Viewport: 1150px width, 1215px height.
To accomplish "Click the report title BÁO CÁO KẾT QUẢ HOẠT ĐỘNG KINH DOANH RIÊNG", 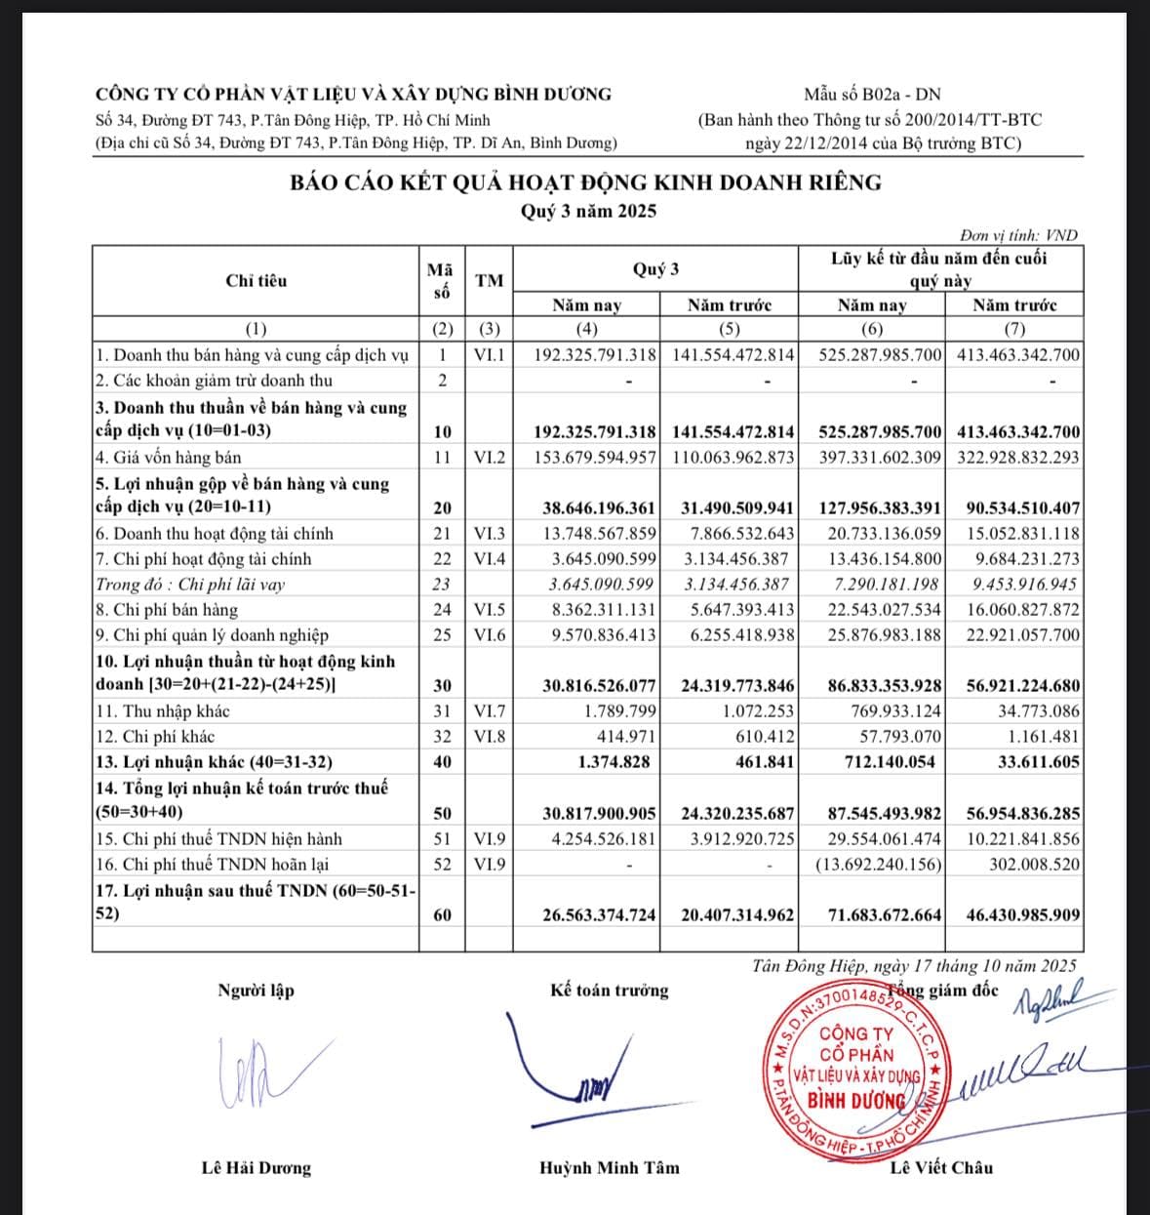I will point(585,182).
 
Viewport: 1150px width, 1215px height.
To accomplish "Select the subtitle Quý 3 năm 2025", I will point(588,211).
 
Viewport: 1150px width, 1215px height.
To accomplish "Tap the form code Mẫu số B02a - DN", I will point(872,95).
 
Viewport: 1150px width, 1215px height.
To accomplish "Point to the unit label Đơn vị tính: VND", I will point(1018,235).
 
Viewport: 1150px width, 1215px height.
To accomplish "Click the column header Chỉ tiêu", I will point(257,281).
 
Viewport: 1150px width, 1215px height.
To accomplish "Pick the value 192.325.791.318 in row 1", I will point(596,354).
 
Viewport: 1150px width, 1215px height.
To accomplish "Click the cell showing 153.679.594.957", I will point(596,457).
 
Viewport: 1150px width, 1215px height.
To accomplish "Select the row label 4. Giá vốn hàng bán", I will point(169,457).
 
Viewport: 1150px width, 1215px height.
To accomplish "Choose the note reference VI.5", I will point(490,610).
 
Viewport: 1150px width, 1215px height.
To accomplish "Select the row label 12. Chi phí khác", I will point(155,737).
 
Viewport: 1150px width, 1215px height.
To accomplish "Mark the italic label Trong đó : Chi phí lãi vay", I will point(190,585).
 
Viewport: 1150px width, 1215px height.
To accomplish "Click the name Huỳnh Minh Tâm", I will point(610,1168).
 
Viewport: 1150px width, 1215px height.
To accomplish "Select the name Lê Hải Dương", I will point(256,1168).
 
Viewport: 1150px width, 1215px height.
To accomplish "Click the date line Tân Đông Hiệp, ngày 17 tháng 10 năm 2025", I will point(915,966).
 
